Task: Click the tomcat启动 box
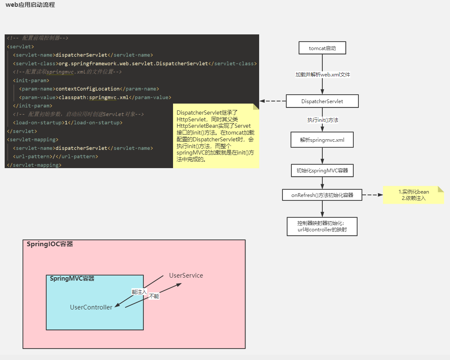(322, 48)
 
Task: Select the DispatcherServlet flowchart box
(322, 101)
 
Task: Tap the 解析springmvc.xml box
(322, 140)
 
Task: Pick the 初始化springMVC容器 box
(322, 171)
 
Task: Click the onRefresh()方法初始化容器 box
(322, 195)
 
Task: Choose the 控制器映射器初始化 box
(322, 226)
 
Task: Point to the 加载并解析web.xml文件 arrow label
(322, 75)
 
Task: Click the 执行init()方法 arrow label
(322, 120)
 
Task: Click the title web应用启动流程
(30, 5)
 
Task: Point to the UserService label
(186, 276)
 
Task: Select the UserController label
(91, 307)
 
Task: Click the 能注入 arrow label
(139, 292)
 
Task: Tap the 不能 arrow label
(154, 296)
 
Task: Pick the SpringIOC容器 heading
(50, 244)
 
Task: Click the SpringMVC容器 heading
(72, 279)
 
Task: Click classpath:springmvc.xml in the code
(93, 97)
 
